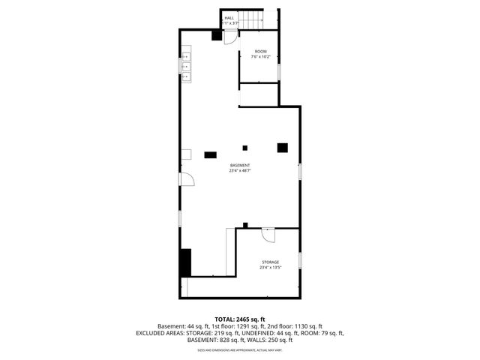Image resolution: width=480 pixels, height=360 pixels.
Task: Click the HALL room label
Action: tap(229, 17)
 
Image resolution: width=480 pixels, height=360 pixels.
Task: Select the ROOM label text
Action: tap(260, 51)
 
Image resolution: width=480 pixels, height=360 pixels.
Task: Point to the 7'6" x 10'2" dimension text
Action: tap(260, 56)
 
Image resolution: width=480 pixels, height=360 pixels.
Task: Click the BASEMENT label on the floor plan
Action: tap(240, 165)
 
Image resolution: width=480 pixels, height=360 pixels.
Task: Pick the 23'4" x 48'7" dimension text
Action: tap(240, 170)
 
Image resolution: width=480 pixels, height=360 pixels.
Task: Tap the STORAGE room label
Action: tap(270, 262)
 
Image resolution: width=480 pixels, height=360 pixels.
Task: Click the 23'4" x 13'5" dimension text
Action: tap(270, 267)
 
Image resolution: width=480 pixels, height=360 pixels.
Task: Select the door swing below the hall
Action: tap(230, 39)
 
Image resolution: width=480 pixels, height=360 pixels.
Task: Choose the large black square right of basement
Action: tap(283, 147)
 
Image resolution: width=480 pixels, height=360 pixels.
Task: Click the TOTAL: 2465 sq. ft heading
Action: tap(240, 319)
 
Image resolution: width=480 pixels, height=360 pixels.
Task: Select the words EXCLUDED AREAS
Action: tap(161, 333)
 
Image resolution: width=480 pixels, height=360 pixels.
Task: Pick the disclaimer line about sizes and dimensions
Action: tap(240, 349)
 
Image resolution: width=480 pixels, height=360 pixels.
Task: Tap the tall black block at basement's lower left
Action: tap(185, 262)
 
